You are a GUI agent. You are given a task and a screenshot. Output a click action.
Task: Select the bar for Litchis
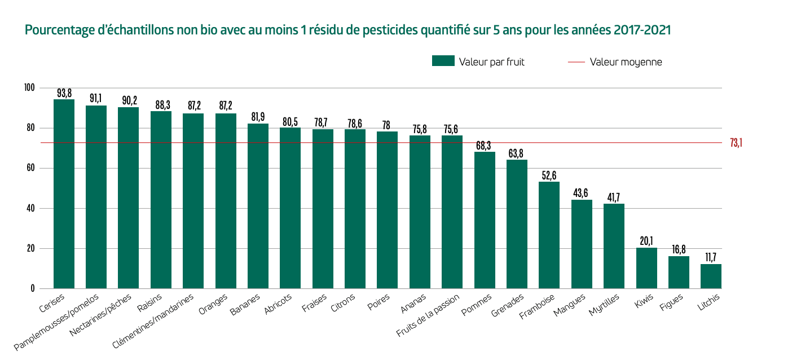pos(711,276)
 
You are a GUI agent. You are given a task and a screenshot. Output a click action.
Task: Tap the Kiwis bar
pos(646,268)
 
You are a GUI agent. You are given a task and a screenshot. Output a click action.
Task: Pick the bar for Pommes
pos(485,220)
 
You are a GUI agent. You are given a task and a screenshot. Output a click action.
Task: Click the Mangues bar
pos(582,244)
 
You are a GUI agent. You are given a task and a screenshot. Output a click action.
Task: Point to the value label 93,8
pos(64,93)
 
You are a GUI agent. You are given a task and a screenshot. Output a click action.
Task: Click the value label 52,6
pos(549,175)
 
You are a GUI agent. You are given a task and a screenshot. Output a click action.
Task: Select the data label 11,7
pos(711,258)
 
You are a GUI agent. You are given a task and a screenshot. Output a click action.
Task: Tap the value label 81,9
pos(258,117)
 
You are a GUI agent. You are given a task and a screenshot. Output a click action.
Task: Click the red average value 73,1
pos(736,143)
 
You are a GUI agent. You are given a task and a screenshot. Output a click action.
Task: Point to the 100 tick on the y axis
pos(29,88)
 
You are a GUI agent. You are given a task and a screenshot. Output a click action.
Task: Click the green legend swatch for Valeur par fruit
pos(443,62)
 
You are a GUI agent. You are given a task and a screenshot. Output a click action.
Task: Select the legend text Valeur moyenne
pos(626,62)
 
